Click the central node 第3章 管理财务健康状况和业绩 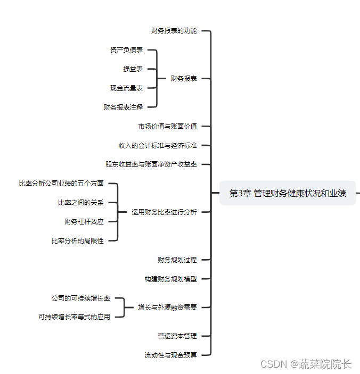point(288,193)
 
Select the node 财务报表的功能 point(174,31)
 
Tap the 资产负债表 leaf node point(126,50)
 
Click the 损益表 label point(133,69)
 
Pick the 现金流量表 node point(126,88)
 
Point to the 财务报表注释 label point(123,107)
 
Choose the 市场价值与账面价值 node point(167,126)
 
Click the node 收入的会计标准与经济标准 point(158,145)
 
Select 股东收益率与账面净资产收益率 point(151,164)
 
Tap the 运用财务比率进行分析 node point(164,212)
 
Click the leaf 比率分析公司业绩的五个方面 point(61,184)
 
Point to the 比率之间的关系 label point(81,203)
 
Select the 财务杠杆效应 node point(84,221)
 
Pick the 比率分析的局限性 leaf point(78,240)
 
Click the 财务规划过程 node point(177,260)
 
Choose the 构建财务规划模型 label point(170,279)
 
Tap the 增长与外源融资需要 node point(167,307)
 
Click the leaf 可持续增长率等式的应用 point(74,317)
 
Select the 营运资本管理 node point(177,336)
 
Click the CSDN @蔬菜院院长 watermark point(306,364)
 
